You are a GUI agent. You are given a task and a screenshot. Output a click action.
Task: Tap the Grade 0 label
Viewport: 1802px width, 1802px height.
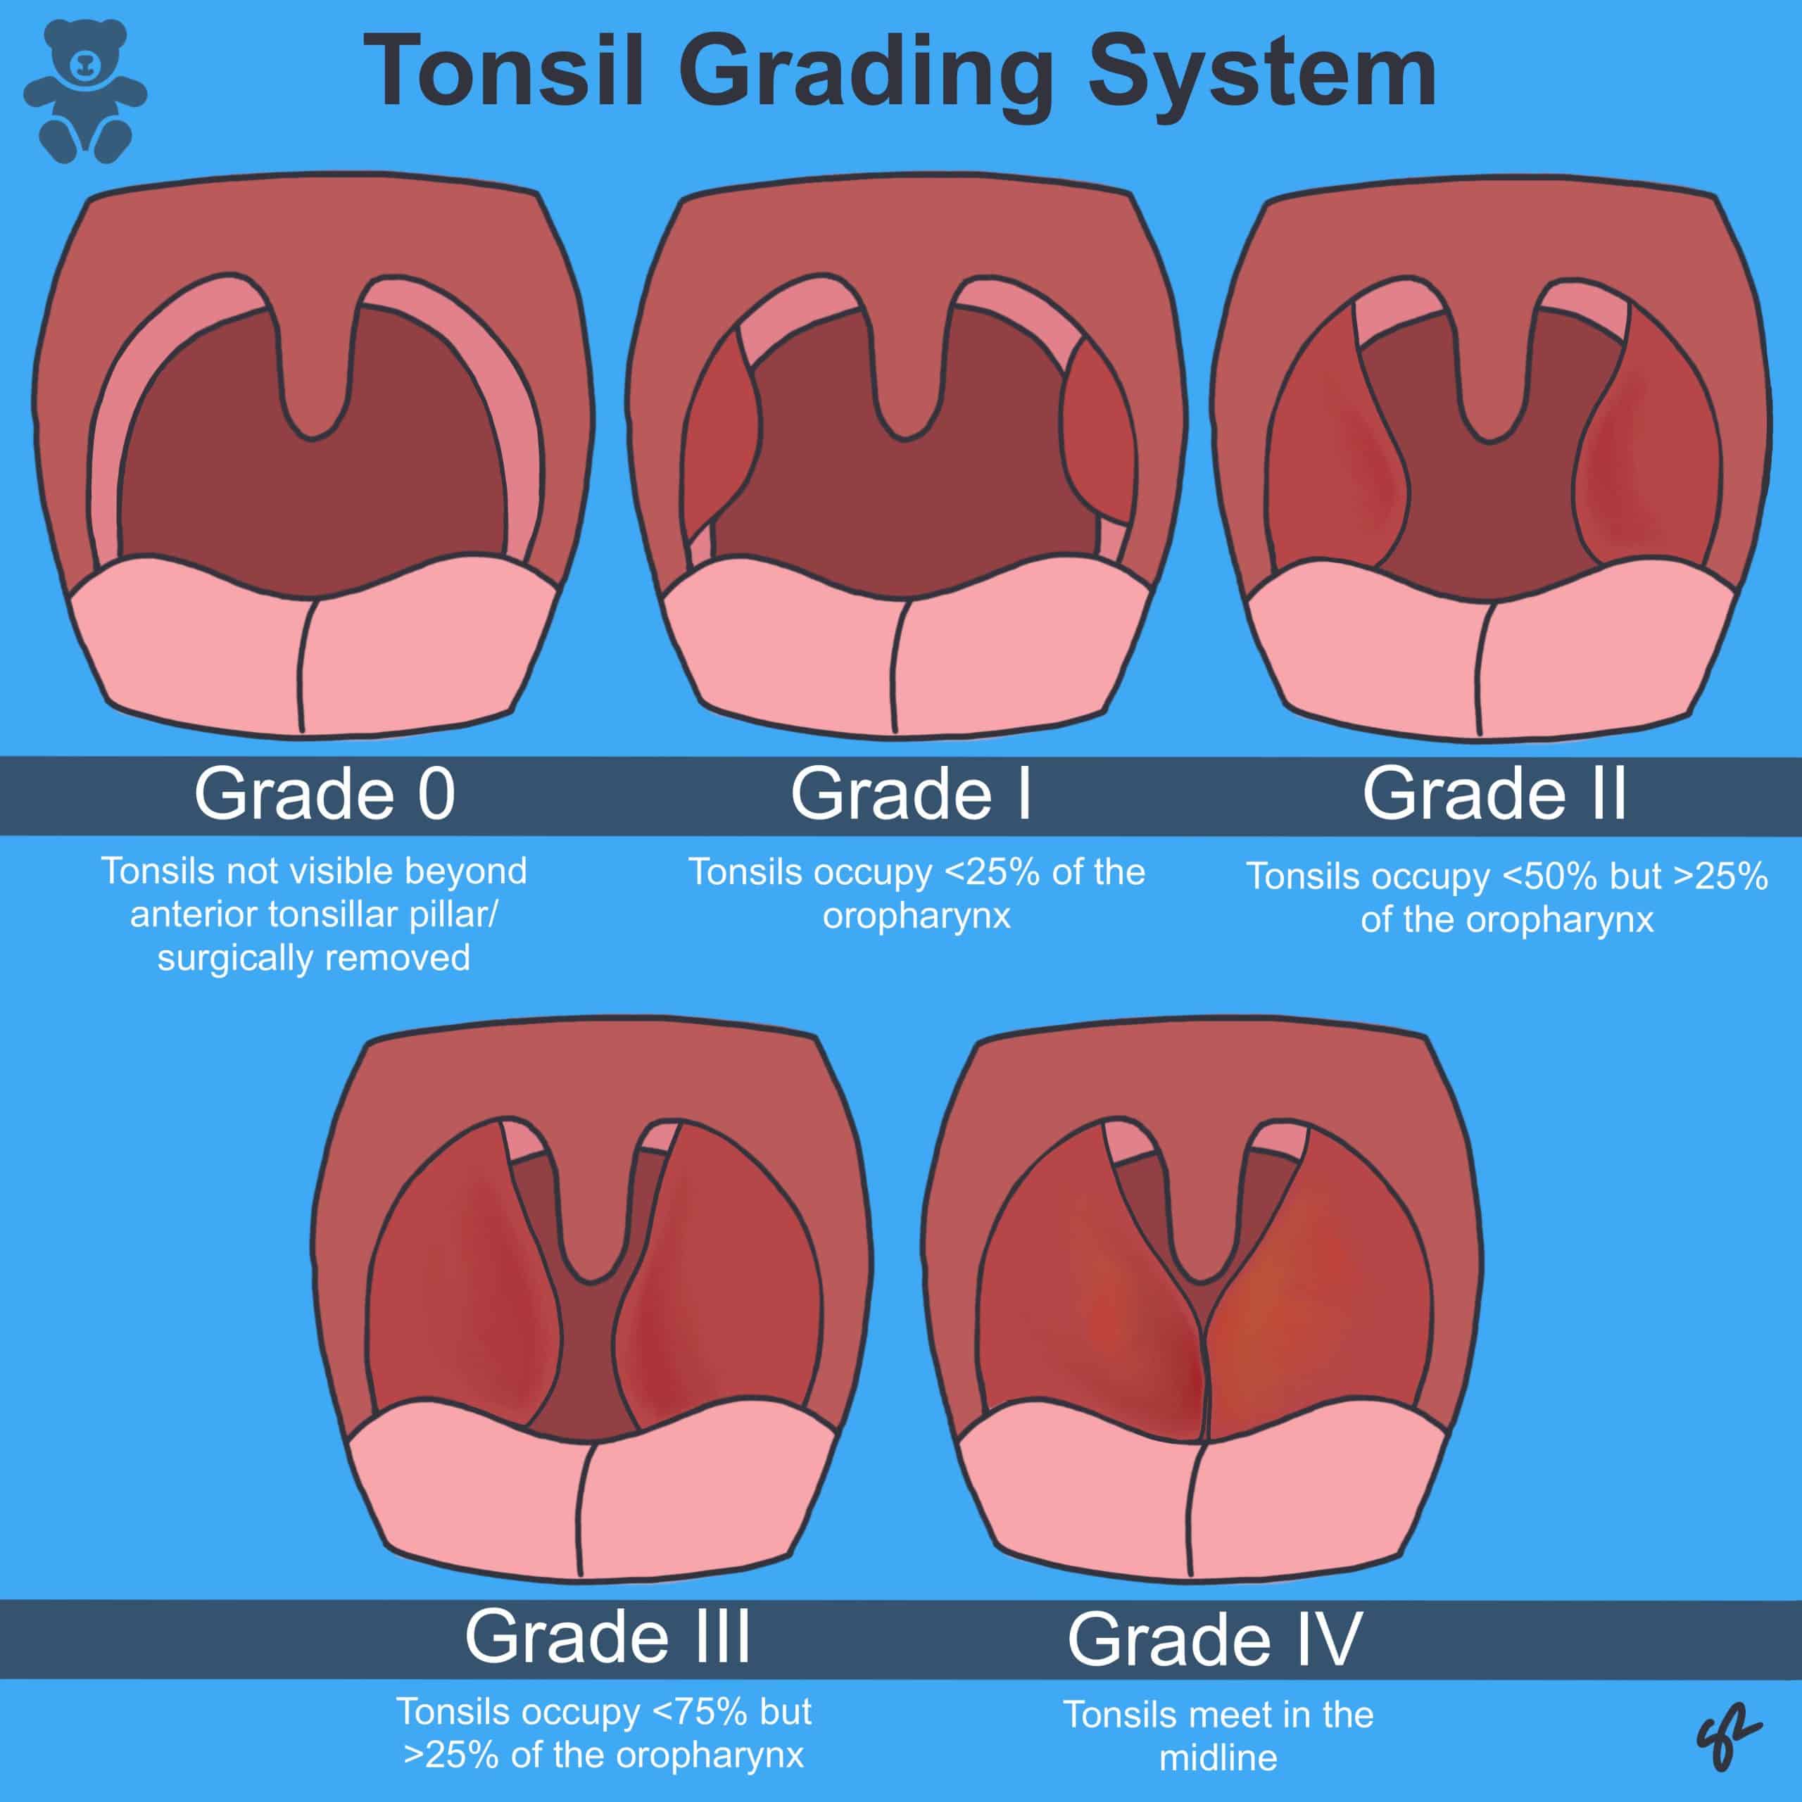325,794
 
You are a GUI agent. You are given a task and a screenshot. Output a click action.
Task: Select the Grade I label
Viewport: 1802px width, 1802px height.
912,794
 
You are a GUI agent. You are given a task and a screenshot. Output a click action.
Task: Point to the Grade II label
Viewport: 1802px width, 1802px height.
1494,794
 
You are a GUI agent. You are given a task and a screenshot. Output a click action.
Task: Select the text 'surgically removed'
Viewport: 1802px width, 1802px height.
313,958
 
